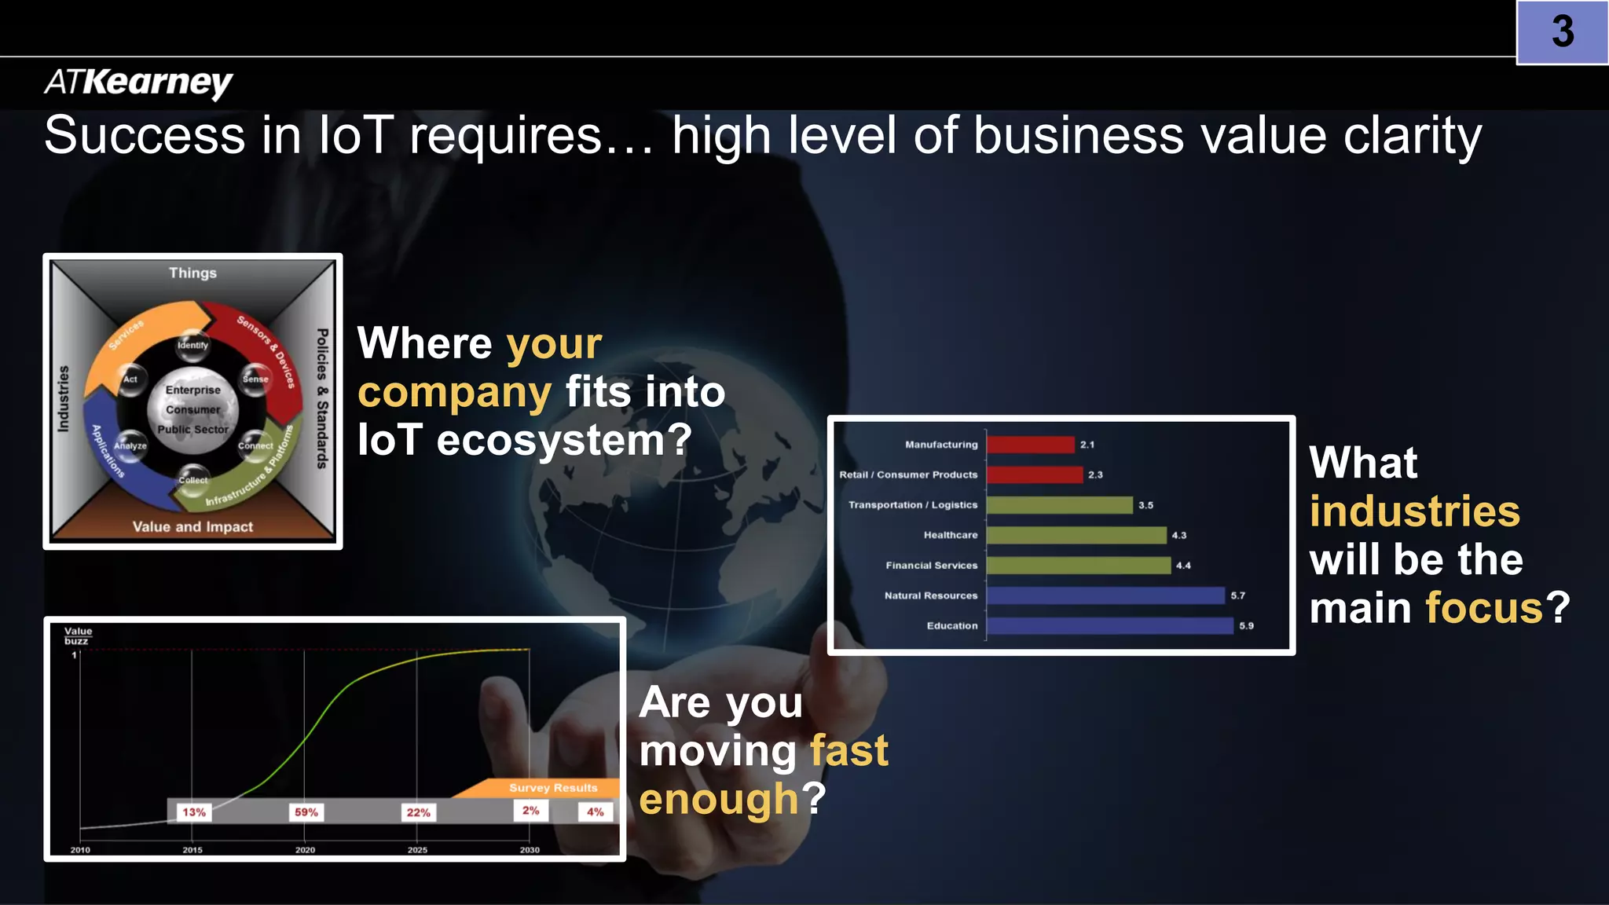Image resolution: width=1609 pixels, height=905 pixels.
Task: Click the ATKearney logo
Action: tap(138, 82)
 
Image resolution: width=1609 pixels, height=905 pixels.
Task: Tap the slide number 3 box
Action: tap(1562, 32)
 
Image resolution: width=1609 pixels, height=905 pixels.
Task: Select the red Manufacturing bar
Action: tap(1030, 445)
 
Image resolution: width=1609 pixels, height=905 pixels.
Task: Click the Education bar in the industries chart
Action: tap(1109, 626)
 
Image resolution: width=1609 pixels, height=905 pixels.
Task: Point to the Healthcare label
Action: tap(951, 535)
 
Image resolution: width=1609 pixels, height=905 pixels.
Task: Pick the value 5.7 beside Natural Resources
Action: tap(1237, 595)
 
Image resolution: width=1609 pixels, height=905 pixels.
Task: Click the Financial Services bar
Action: tap(1078, 566)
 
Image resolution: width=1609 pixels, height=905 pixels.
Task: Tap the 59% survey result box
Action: tap(306, 812)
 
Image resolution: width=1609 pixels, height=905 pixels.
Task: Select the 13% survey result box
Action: tap(194, 812)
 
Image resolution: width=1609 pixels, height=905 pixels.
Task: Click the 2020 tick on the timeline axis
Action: tap(305, 849)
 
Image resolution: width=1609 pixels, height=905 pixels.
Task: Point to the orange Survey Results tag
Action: tap(552, 787)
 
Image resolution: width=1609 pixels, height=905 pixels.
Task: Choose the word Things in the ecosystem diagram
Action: tap(192, 273)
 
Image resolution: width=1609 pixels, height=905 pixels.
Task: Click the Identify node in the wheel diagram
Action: tap(192, 345)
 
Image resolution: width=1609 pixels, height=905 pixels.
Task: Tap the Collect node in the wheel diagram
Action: tap(193, 480)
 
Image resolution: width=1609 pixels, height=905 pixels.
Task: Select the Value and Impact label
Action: tap(192, 526)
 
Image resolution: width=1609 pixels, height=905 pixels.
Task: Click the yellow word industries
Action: tap(1414, 511)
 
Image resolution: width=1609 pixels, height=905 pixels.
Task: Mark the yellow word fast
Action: tap(848, 750)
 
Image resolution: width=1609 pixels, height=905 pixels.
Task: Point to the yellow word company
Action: tap(454, 392)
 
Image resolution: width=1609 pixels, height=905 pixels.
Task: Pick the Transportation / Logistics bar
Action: tap(1059, 505)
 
